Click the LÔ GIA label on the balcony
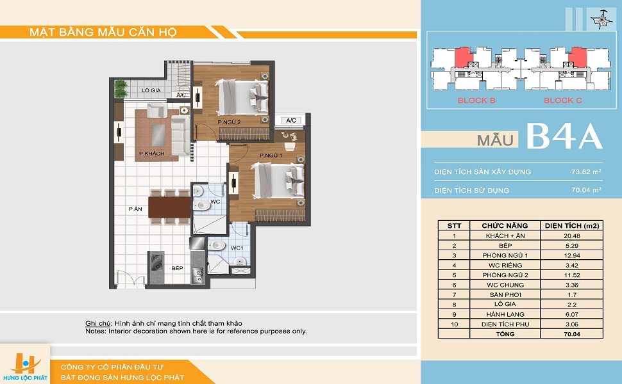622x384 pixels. [151, 90]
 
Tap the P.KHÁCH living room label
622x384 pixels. [151, 153]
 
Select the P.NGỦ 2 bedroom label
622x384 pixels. [230, 122]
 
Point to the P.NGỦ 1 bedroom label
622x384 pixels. [271, 155]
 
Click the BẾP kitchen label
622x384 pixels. [178, 268]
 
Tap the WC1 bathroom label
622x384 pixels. [237, 248]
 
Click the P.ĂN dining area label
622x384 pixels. [135, 209]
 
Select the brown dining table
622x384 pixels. [169, 207]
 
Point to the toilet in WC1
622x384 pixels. [217, 246]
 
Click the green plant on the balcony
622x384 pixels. [121, 89]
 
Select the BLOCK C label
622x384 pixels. [563, 100]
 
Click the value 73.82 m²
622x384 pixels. [586, 172]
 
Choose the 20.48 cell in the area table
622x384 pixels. [571, 236]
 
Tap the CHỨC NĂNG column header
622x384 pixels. [505, 226]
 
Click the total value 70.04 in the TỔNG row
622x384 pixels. [571, 333]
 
